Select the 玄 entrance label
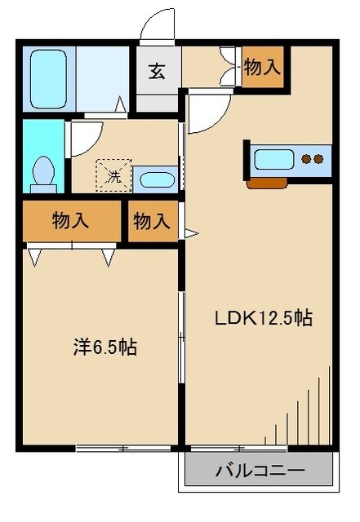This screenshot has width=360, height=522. pos(156,70)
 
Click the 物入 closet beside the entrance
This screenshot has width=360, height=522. pos(262,67)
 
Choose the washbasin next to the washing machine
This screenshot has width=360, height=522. pos(153,179)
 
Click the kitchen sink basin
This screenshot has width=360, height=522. pos(272,159)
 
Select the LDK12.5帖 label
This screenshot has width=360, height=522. pos(263,318)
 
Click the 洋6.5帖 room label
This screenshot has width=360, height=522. pos(104,347)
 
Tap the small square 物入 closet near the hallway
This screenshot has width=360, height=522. pos(153,220)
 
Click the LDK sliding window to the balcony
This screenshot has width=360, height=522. pos(238,448)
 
